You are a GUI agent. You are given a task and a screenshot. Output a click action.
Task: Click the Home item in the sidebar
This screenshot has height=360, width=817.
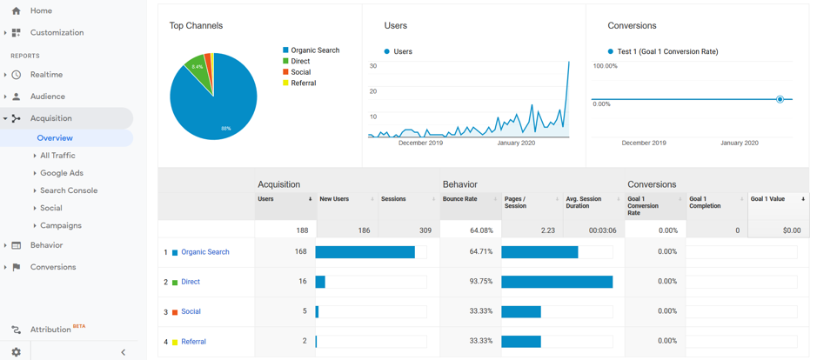[x=40, y=10]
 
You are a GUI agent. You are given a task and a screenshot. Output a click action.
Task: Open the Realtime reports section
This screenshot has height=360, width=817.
[x=46, y=75]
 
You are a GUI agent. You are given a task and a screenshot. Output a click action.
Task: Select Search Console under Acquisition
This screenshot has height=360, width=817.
[x=69, y=190]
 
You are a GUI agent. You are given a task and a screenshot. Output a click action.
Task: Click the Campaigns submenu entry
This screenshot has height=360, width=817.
[x=61, y=225]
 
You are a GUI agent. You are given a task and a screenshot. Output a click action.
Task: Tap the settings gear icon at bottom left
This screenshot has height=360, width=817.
[x=16, y=352]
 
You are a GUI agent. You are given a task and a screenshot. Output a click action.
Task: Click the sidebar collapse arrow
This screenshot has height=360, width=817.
[x=123, y=352]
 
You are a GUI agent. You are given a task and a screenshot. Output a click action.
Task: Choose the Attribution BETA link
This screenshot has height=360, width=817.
[x=50, y=330]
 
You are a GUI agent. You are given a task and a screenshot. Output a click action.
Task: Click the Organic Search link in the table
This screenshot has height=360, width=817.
[x=205, y=252]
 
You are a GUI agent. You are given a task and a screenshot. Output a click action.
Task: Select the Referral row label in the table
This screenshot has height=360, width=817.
[x=193, y=342]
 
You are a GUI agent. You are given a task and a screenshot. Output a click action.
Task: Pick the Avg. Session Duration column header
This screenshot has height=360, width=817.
[x=583, y=203]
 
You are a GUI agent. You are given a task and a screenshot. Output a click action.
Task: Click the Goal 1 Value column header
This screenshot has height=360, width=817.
[x=767, y=199]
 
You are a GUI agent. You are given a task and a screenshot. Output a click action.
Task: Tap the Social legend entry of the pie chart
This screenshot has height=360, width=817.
[x=302, y=72]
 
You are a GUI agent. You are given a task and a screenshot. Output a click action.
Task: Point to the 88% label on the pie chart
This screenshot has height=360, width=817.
[x=226, y=129]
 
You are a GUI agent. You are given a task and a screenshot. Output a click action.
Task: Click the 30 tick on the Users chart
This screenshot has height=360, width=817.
[x=372, y=66]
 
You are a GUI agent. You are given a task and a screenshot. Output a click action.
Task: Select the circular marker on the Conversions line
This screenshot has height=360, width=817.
[x=780, y=99]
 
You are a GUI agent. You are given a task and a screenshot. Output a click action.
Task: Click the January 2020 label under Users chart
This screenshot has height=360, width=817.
[x=516, y=143]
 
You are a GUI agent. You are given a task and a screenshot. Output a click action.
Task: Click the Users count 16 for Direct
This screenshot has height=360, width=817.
[x=303, y=282]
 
